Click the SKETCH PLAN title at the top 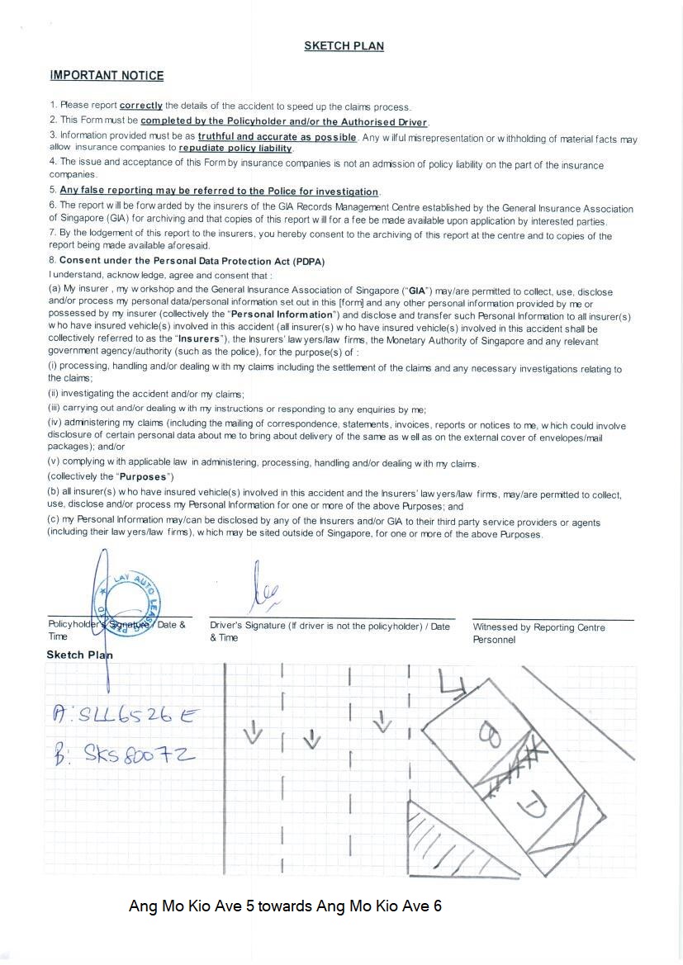coord(344,46)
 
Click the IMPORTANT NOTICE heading coord(107,76)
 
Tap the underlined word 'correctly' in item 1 coord(141,106)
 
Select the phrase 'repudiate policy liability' coord(235,149)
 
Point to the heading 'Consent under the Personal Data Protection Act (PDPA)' coord(192,261)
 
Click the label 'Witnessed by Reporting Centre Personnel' coord(538,633)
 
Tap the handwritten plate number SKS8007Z coord(125,755)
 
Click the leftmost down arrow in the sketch coord(253,731)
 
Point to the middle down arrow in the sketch coord(311,739)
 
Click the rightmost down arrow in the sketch coord(381,723)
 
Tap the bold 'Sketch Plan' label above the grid coord(79,655)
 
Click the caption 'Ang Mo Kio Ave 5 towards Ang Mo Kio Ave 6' coord(285,906)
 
